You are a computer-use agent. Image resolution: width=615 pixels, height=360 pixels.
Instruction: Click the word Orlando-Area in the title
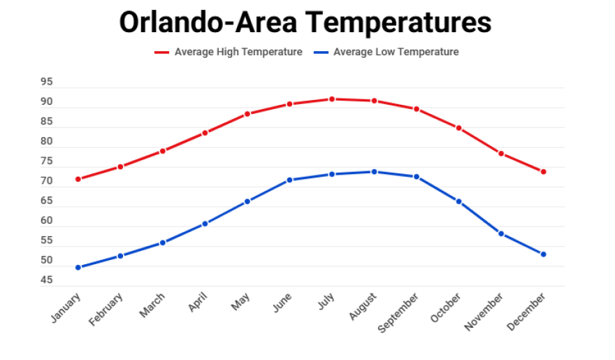click(210, 22)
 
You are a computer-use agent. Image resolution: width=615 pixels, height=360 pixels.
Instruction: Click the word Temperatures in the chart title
click(400, 22)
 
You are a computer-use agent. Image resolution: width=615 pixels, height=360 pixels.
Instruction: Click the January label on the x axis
click(66, 308)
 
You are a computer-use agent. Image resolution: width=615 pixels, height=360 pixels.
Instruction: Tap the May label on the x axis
click(240, 303)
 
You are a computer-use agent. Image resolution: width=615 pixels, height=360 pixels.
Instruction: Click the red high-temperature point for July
click(332, 99)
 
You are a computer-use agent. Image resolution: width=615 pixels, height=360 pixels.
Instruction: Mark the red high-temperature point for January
click(78, 179)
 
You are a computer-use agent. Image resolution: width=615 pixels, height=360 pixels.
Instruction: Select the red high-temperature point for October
click(458, 128)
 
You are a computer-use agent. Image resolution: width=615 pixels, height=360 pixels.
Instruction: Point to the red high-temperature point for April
click(205, 133)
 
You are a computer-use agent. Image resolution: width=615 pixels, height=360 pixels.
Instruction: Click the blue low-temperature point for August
click(374, 172)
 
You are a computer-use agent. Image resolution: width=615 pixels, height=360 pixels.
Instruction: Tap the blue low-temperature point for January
click(78, 267)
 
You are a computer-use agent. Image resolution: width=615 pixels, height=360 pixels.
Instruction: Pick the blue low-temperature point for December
click(543, 254)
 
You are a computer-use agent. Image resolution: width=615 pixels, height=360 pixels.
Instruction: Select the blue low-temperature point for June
click(289, 180)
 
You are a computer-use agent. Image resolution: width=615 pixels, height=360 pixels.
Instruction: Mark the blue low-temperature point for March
click(163, 243)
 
